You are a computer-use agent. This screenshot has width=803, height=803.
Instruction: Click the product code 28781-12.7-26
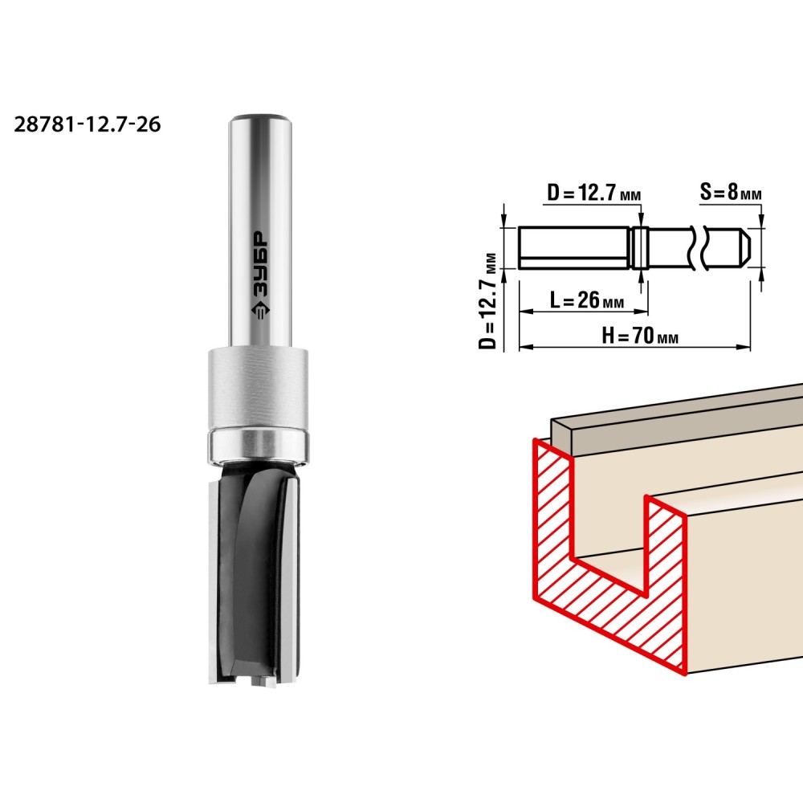pyautogui.click(x=87, y=124)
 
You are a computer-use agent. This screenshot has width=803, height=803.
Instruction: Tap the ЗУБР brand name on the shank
pyautogui.click(x=261, y=263)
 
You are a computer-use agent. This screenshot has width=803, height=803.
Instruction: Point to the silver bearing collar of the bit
pyautogui.click(x=258, y=406)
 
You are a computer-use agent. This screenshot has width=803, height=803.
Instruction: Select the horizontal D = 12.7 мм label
pyautogui.click(x=594, y=193)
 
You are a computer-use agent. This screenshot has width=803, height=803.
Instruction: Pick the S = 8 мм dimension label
pyautogui.click(x=730, y=192)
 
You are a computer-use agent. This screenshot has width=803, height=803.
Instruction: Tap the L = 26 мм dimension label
pyautogui.click(x=587, y=300)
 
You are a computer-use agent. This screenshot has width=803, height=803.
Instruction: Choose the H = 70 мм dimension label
pyautogui.click(x=640, y=336)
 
